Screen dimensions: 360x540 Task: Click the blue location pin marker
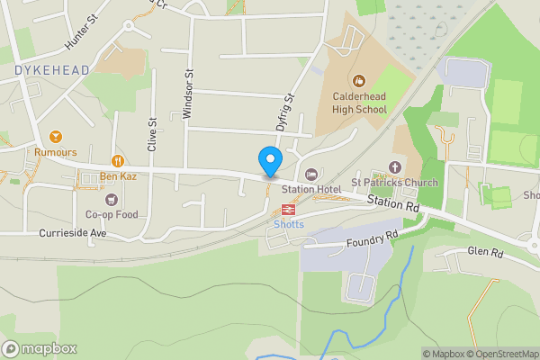[x=269, y=162]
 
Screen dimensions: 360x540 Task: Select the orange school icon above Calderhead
[x=359, y=81]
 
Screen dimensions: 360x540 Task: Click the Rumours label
[x=56, y=152]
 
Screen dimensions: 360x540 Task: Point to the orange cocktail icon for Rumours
[x=56, y=136]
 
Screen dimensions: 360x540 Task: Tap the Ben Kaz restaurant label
[x=117, y=176]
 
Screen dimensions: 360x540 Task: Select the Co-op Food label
[x=112, y=214]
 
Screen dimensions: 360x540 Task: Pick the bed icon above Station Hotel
[x=311, y=174]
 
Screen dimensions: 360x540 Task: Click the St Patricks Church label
[x=394, y=183]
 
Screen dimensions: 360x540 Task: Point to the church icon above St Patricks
[x=394, y=166]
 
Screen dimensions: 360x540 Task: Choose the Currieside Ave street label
[x=73, y=232]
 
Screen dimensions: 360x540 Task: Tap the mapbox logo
[x=40, y=348]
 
